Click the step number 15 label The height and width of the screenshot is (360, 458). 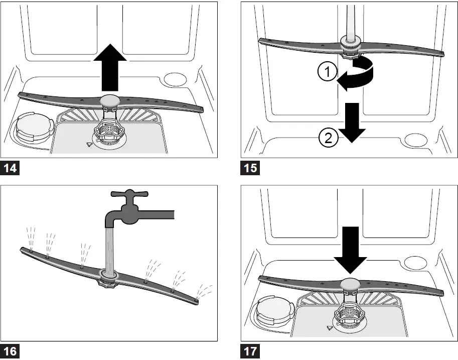(x=250, y=167)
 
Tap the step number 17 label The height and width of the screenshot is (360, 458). (x=250, y=351)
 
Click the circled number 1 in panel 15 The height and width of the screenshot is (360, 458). (x=327, y=73)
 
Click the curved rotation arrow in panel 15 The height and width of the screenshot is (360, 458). (x=359, y=74)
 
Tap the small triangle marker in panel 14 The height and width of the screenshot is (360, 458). (x=89, y=144)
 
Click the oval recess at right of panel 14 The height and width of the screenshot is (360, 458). (x=176, y=80)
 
